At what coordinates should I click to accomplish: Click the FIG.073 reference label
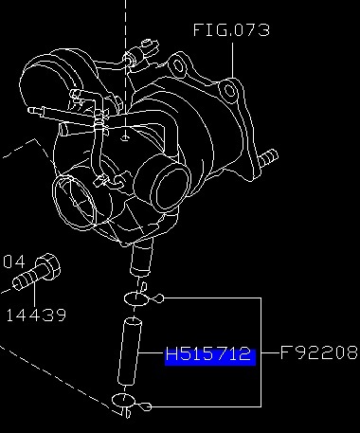click(231, 29)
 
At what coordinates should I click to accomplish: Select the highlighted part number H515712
click(210, 355)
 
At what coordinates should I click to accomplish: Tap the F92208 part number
click(319, 352)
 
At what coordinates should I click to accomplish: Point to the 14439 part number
click(36, 315)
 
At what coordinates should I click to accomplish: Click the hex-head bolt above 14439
click(37, 272)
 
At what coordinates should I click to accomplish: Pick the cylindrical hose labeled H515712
click(130, 352)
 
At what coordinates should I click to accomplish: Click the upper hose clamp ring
click(136, 298)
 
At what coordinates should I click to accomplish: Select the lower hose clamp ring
click(123, 400)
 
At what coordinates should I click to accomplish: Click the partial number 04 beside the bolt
click(14, 262)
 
